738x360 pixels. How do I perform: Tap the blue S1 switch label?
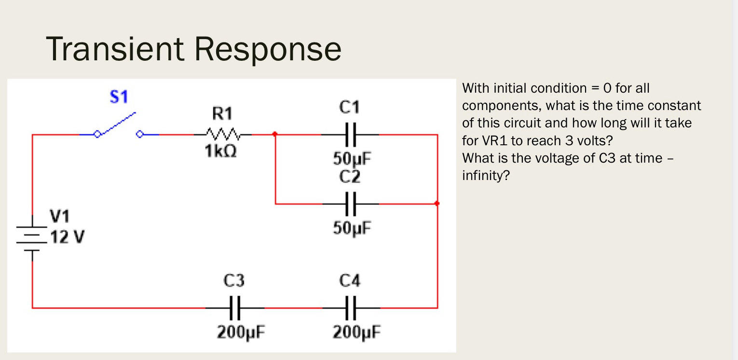119,97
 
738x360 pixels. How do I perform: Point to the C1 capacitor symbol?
351,135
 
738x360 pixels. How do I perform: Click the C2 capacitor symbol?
351,204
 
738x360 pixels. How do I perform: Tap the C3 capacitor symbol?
234,307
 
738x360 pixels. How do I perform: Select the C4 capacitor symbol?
351,307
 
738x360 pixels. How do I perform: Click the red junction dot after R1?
275,135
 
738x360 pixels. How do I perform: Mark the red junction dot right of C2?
437,204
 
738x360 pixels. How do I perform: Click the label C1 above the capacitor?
349,107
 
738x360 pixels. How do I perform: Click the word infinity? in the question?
486,176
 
